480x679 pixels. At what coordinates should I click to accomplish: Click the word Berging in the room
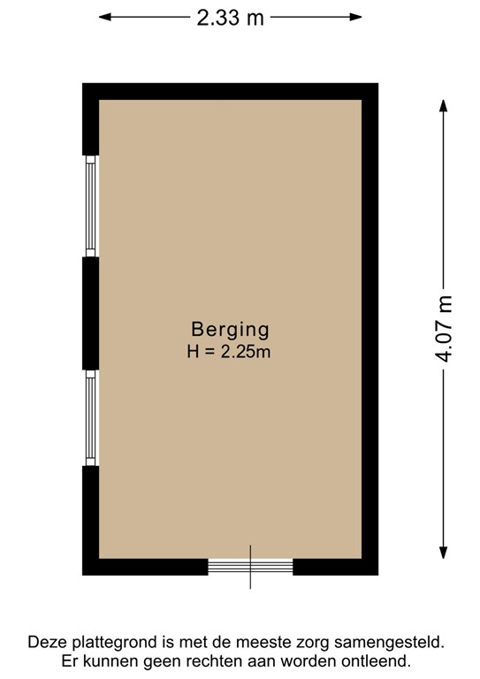click(229, 328)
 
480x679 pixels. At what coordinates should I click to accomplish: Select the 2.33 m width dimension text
click(230, 17)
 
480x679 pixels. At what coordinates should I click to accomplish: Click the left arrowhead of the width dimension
click(104, 17)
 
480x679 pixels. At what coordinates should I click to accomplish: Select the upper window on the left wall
click(90, 207)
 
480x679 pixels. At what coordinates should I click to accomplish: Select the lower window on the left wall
click(90, 417)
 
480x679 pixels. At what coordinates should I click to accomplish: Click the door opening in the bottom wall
click(250, 565)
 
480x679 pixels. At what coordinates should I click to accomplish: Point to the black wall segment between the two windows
click(90, 313)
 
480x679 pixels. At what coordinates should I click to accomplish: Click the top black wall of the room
click(230, 91)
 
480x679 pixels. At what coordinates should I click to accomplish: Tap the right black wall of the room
click(370, 328)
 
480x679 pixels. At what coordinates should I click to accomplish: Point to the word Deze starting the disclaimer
click(48, 642)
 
